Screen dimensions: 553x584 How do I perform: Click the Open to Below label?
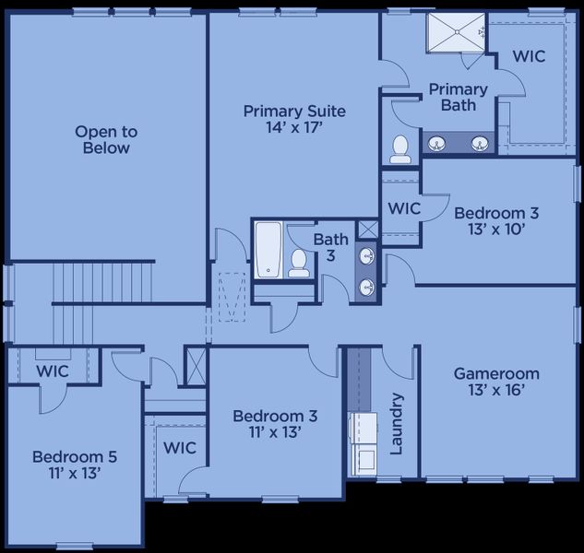[102, 140]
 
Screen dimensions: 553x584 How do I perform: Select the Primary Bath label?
[457, 97]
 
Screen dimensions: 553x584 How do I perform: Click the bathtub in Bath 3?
[268, 249]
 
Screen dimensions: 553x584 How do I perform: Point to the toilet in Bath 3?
[298, 262]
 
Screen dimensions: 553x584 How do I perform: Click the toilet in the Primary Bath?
[400, 149]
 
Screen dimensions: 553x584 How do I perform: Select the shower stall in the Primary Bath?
[456, 34]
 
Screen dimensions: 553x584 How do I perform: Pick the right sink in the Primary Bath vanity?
[480, 143]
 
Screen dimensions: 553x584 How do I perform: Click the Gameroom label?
[496, 382]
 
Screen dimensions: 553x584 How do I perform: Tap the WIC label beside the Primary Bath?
[529, 56]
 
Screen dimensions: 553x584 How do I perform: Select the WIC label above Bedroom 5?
[53, 371]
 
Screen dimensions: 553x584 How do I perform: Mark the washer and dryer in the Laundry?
[361, 442]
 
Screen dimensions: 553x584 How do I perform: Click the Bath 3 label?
[330, 247]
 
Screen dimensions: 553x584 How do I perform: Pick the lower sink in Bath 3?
[366, 287]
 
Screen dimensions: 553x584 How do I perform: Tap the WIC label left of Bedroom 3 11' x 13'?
[180, 448]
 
